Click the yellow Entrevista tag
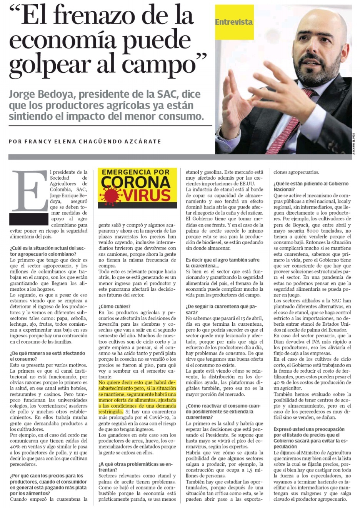click(234, 22)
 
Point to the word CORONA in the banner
click(136, 182)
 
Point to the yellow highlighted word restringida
click(110, 411)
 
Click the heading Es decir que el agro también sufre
click(222, 260)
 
